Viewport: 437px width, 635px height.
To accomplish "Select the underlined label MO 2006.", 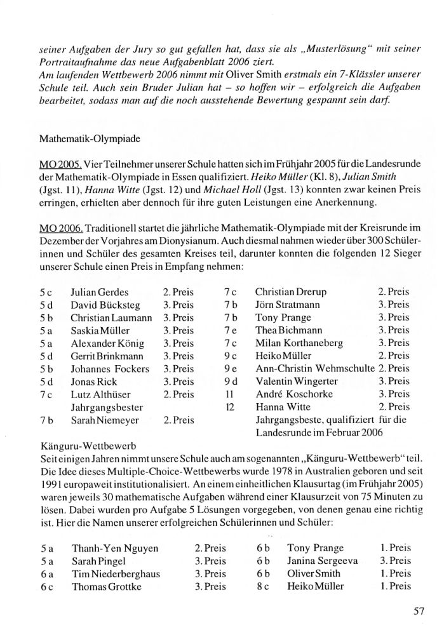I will click(56, 227).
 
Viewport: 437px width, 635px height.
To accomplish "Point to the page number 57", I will click(417, 612).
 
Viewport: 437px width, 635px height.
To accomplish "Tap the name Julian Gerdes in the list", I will click(100, 293).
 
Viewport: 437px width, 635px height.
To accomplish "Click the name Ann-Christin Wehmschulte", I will click(314, 369).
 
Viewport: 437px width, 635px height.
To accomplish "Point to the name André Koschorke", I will click(290, 394).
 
